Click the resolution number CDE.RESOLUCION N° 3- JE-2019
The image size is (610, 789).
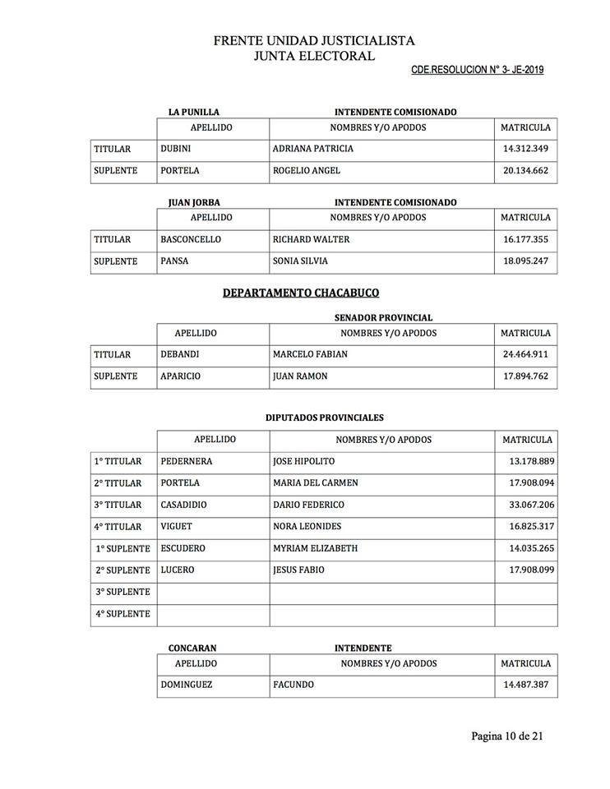(477, 70)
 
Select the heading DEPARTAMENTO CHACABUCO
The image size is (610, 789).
(301, 293)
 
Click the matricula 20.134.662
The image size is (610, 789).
(525, 171)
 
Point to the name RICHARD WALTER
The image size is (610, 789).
(311, 240)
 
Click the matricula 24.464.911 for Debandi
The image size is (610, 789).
(525, 355)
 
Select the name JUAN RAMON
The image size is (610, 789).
(300, 376)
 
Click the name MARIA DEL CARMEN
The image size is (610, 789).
(316, 483)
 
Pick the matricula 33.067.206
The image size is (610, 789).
(529, 505)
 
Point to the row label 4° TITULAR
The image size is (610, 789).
(118, 527)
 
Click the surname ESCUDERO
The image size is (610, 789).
(183, 548)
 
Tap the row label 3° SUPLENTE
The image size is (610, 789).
(123, 592)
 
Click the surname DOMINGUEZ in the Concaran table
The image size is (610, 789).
(187, 685)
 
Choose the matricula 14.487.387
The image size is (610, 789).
(525, 685)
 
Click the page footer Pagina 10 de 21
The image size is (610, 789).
(507, 736)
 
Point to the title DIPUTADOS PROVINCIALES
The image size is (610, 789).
(324, 418)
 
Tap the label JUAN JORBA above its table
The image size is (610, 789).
(194, 202)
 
